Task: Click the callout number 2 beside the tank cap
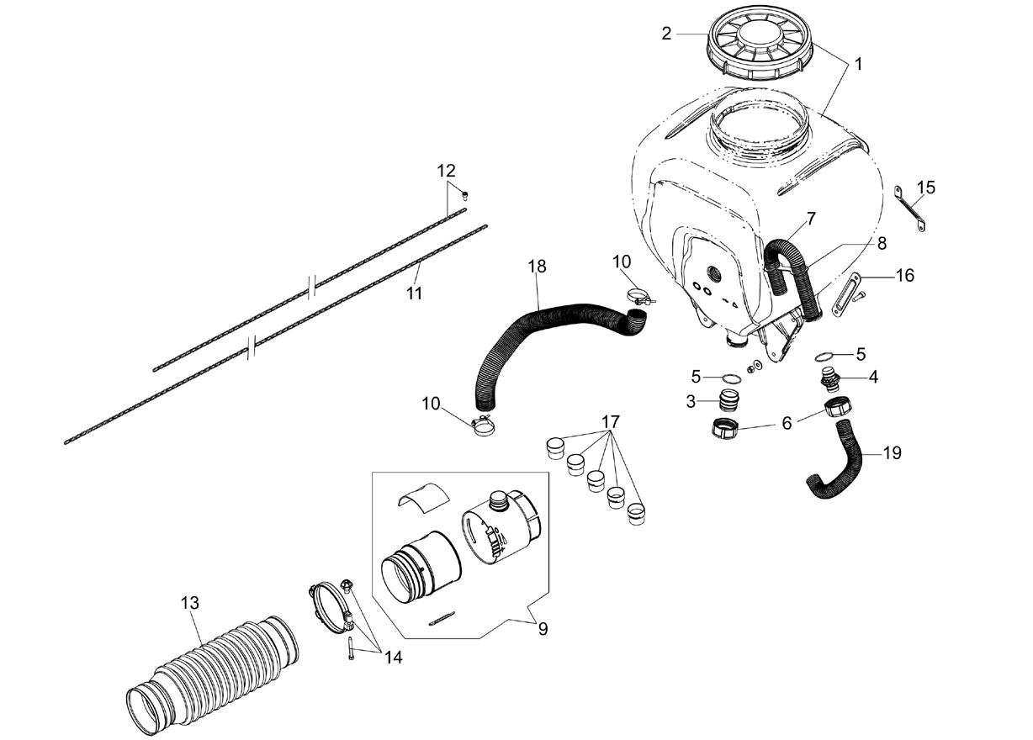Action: [666, 34]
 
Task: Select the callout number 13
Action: [189, 603]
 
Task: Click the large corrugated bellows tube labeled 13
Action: [213, 668]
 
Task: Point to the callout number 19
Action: [892, 453]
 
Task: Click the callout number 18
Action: [538, 266]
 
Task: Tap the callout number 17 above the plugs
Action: [611, 421]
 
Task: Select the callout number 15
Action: [925, 188]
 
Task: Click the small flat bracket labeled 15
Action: [909, 209]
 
